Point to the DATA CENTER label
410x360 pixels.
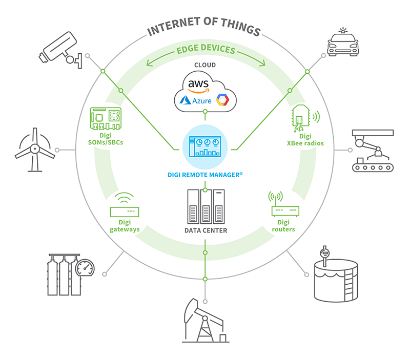pos(205,230)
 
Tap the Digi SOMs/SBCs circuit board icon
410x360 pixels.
pos(107,118)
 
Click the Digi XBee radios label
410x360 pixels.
pos(305,140)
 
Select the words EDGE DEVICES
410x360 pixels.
pos(205,50)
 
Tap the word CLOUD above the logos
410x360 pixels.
pos(204,65)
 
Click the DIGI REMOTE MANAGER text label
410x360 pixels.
pos(204,175)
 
